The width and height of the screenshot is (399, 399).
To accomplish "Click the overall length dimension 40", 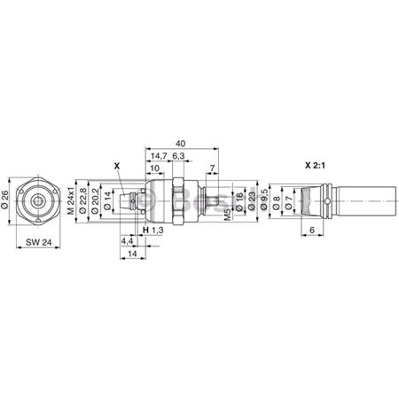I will tap(181, 142).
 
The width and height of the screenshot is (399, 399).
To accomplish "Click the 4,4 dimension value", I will tap(125, 240).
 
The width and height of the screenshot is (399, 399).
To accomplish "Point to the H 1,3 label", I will tap(154, 231).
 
